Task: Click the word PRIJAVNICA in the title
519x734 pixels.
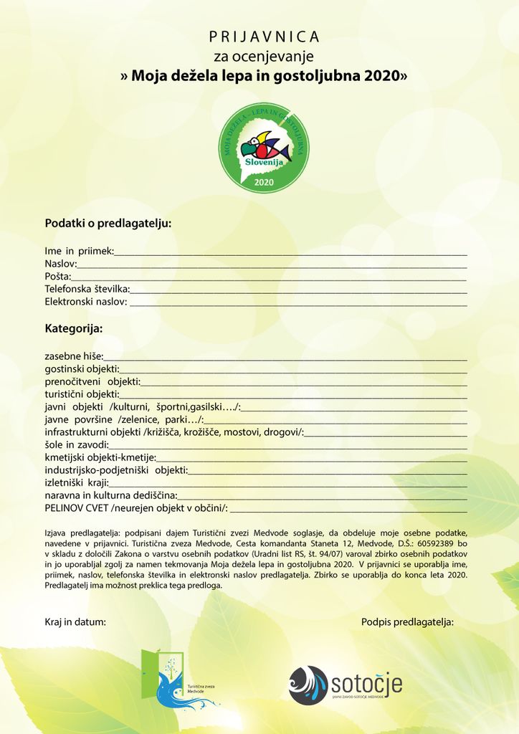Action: click(265, 37)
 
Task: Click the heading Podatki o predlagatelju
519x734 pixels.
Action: click(108, 223)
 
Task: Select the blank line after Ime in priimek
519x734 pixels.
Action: click(290, 253)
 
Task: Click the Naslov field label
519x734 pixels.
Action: click(60, 264)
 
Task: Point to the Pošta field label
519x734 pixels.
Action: click(57, 277)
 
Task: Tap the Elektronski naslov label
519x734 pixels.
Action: click(86, 302)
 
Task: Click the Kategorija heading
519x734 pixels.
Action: click(74, 329)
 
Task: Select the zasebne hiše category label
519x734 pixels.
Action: click(74, 356)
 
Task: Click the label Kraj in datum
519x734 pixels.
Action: click(75, 622)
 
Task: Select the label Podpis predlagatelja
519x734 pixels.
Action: click(407, 622)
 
